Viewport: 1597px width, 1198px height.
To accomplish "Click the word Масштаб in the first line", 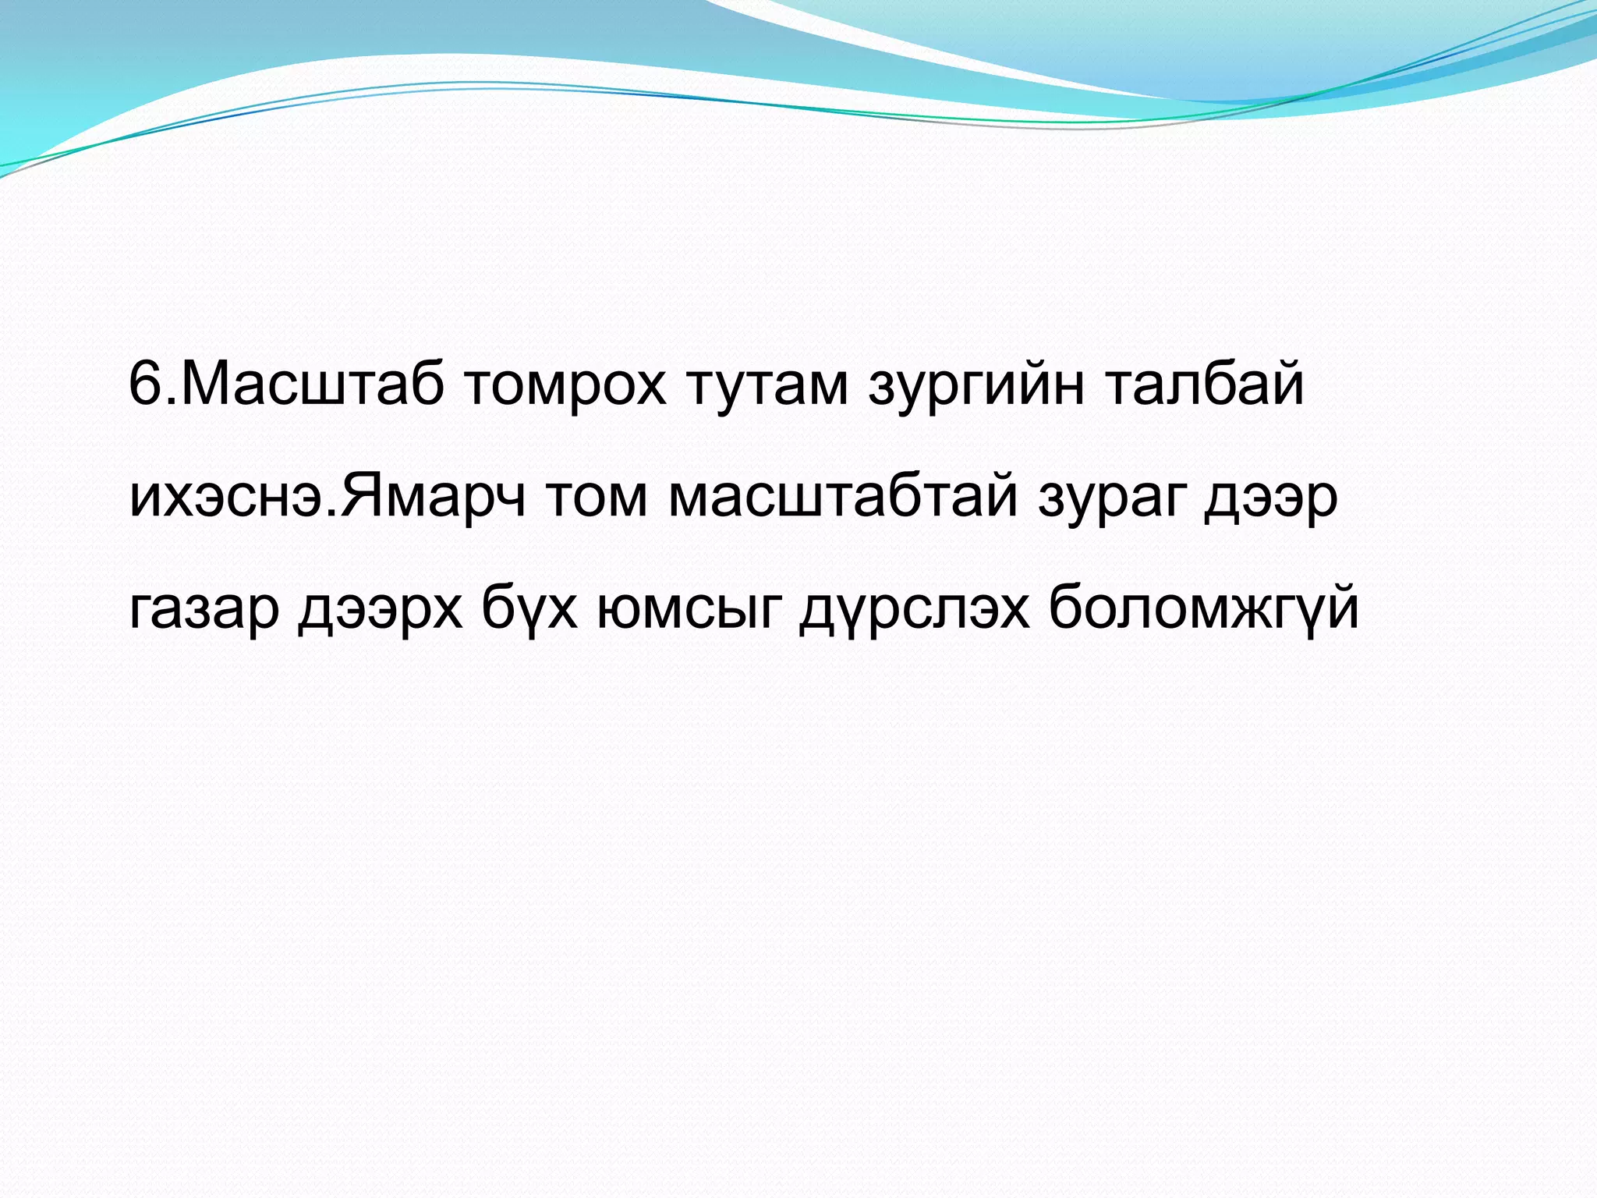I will coord(312,385).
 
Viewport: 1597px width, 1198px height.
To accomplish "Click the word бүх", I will coord(530,610).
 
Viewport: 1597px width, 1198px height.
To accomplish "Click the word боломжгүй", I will coord(1204,608).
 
